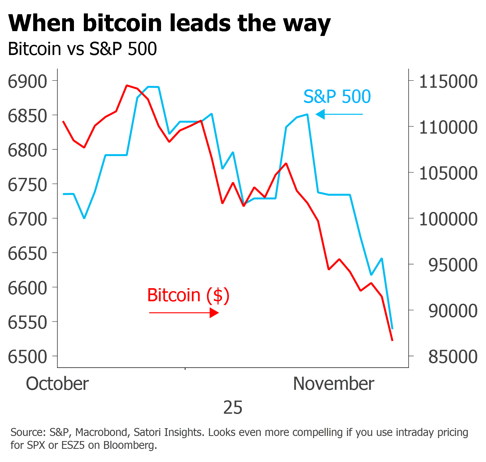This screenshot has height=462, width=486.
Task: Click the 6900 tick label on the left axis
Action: click(27, 81)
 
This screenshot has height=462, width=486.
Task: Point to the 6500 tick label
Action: click(27, 357)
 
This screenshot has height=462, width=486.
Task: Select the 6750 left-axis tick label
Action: click(27, 185)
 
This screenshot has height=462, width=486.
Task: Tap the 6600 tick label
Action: click(27, 288)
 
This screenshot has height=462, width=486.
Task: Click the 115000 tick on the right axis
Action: click(448, 81)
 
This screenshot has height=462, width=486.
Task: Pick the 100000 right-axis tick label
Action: click(448, 219)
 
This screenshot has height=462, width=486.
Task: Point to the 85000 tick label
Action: click(453, 357)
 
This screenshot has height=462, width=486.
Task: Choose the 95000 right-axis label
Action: click(453, 265)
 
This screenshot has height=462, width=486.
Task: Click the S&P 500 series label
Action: click(337, 96)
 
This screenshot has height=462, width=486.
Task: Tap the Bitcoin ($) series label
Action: click(188, 295)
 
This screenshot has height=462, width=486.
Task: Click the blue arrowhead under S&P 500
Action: click(320, 114)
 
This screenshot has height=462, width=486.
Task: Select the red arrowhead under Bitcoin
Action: click(214, 313)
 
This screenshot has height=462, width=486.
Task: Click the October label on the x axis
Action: click(57, 383)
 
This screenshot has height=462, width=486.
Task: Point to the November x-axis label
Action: click(334, 383)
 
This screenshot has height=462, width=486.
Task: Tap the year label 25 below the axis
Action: click(233, 407)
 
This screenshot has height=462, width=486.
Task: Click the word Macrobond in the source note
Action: click(101, 432)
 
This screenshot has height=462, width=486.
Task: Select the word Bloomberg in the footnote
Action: click(130, 445)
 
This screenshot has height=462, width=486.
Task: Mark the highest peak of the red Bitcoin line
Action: click(127, 85)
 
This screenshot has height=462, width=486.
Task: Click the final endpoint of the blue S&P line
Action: click(392, 328)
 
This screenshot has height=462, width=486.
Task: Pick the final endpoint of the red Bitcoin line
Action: click(392, 340)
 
